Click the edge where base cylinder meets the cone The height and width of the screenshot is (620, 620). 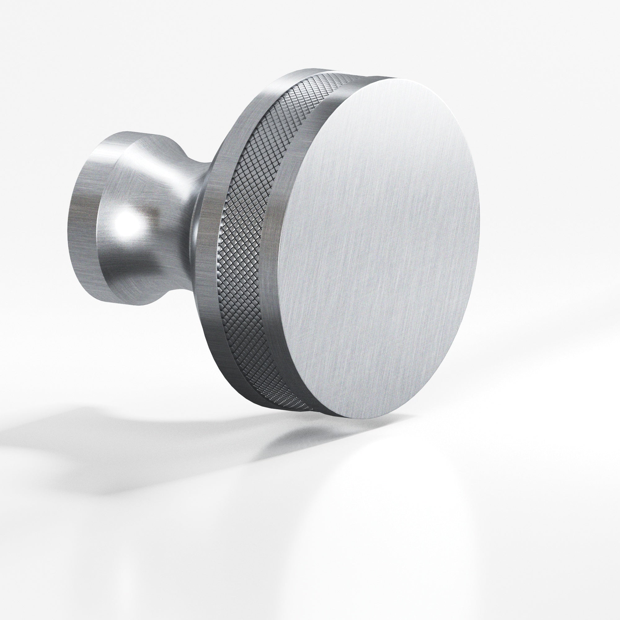tap(98, 225)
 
